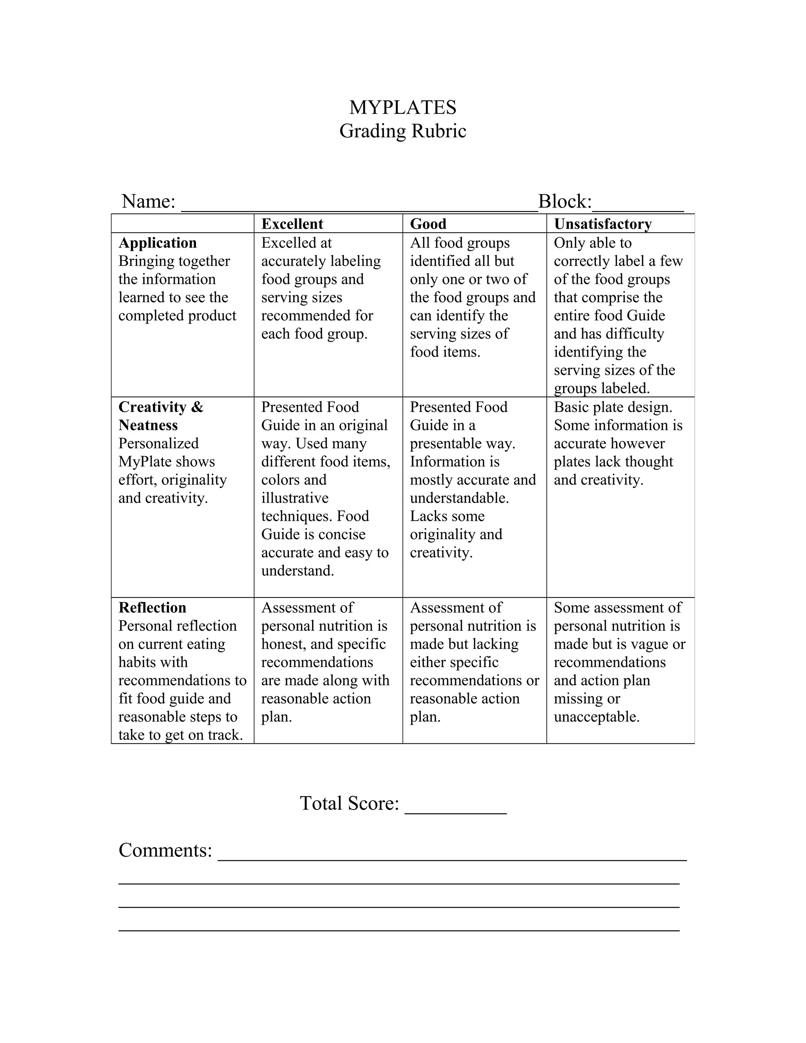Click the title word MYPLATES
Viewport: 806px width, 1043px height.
[x=403, y=107]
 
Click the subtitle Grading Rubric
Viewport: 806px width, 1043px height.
[x=403, y=131]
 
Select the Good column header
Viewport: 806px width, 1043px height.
[x=428, y=224]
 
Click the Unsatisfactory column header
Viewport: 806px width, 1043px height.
[x=603, y=224]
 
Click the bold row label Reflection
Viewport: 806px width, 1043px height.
[x=152, y=607]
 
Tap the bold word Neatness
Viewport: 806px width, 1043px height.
[x=148, y=425]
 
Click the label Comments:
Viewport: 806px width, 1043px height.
[x=165, y=851]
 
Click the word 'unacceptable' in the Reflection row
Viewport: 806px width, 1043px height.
[x=596, y=717]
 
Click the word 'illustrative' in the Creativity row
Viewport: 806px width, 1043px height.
[x=295, y=498]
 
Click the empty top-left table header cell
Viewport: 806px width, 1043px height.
[x=182, y=224]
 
